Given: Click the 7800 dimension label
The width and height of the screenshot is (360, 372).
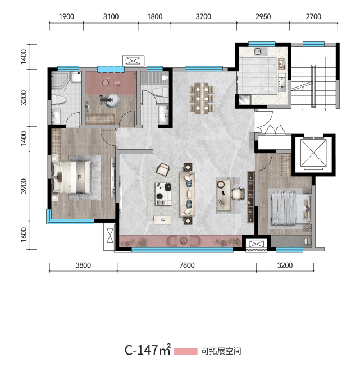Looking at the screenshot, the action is coord(187,265).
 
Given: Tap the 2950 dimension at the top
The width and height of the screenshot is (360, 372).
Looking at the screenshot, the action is coord(263,16).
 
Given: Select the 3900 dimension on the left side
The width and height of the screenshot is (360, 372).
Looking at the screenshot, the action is coord(24,186).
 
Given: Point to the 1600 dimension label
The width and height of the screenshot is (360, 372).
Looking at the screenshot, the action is coord(24,235).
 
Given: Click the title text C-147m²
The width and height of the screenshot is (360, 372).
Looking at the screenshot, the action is coord(148,350).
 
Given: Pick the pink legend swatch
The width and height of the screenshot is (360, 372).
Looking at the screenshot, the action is coord(186,351).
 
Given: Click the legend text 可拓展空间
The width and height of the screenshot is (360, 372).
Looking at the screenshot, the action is coord(221,351).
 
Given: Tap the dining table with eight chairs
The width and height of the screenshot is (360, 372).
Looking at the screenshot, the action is coord(202,98).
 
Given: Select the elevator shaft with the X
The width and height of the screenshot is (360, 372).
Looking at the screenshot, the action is coord(313,153).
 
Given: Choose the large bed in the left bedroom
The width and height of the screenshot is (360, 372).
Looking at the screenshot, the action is coord(72,177).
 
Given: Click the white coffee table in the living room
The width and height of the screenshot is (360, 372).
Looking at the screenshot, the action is coord(163,194).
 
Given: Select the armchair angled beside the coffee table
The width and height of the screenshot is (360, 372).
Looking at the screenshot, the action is coord(163,169).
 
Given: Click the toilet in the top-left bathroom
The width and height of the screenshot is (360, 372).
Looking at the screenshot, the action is coord(58,100).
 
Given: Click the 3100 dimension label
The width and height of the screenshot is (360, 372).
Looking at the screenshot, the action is coord(111,16).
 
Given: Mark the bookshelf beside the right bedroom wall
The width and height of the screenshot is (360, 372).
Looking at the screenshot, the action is coord(250,197).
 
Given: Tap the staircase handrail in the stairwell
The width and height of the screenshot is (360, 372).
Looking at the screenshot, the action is coord(314,86).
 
